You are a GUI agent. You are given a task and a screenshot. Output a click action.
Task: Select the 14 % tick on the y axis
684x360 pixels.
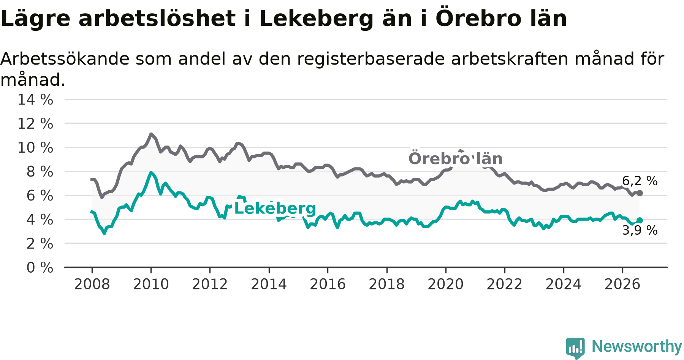pos(35,100)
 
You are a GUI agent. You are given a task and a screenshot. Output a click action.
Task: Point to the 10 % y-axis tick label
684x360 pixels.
pos(35,148)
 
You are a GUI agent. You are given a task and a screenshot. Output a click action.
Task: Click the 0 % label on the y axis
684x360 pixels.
pos(40,268)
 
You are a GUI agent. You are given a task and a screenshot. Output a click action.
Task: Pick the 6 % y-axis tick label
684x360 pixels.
pos(40,196)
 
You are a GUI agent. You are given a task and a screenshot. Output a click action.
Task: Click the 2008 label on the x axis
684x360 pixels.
pos(92,284)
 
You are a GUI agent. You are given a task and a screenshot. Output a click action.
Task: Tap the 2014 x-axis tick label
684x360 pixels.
pos(269,284)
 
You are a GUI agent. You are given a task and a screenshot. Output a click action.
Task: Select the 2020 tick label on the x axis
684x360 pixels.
pos(446,284)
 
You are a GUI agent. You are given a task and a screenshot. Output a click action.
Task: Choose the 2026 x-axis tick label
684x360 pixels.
pos(622,284)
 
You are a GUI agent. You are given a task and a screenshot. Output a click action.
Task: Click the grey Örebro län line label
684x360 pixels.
pos(456,159)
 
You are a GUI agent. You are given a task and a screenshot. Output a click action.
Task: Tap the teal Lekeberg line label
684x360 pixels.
pos(275,208)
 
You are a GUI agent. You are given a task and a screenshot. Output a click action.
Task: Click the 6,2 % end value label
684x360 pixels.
pos(640,181)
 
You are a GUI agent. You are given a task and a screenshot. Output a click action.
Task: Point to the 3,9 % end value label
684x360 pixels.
pos(640,230)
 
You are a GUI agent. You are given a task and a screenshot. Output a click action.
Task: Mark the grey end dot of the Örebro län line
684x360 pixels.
pos(640,193)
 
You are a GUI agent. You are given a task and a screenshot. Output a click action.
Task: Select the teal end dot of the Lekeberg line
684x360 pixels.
pos(640,220)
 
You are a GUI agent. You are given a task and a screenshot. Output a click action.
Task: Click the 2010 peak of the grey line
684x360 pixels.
pos(151,134)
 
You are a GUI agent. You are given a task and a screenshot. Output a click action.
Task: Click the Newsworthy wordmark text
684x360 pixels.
pos(637,346)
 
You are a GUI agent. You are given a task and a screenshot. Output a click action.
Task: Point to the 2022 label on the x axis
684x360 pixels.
pos(505,284)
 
